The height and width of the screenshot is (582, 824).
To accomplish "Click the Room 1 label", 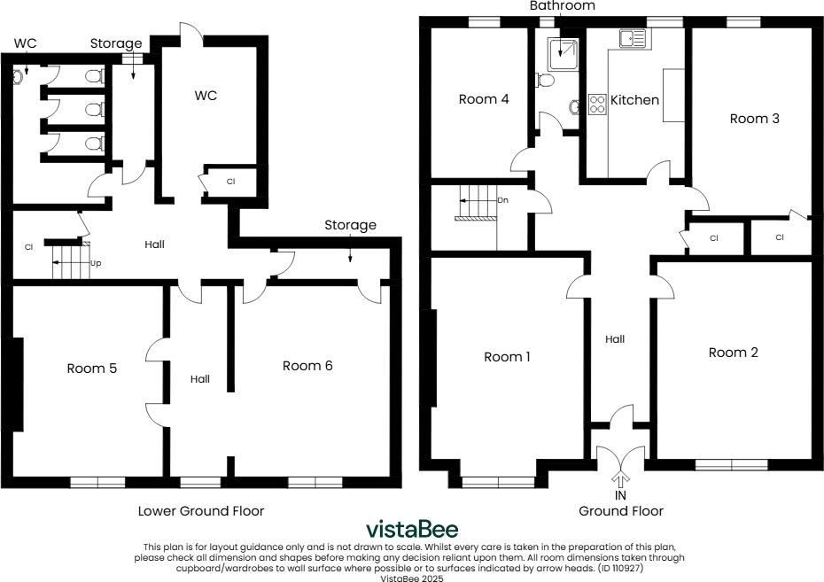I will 507,357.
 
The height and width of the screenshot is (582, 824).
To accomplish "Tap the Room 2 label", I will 733,353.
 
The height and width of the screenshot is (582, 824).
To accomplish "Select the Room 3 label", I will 754,119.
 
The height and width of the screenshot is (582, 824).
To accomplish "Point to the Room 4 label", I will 484,99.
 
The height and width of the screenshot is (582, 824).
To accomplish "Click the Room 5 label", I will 92,369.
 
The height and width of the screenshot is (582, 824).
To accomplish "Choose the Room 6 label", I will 307,366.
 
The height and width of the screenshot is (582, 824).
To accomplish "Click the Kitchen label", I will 635,100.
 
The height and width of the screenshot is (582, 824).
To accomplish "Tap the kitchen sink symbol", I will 634,38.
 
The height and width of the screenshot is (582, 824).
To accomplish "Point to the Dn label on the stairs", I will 502,200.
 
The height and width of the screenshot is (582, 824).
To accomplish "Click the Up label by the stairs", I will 95,263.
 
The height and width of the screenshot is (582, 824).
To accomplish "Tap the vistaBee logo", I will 412,530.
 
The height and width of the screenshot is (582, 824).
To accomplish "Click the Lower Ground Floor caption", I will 201,511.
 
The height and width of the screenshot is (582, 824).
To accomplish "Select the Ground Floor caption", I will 620,511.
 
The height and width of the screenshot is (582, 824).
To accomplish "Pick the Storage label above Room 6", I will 350,226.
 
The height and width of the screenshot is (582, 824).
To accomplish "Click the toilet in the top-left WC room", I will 18,77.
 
